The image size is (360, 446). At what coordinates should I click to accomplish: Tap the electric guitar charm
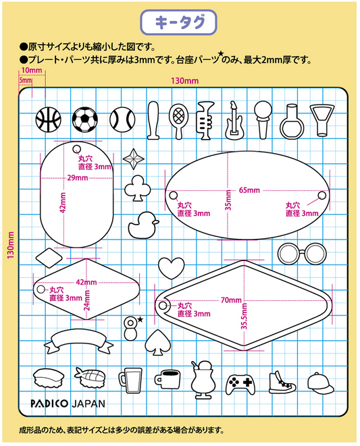point(234,119)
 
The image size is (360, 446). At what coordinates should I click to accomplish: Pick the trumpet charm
point(204,119)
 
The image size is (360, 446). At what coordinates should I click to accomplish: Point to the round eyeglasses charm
point(301,256)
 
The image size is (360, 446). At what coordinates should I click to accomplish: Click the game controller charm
point(239,384)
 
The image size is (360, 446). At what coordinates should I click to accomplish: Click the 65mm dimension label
point(249,191)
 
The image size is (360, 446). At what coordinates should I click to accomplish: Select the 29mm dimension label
point(78,178)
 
